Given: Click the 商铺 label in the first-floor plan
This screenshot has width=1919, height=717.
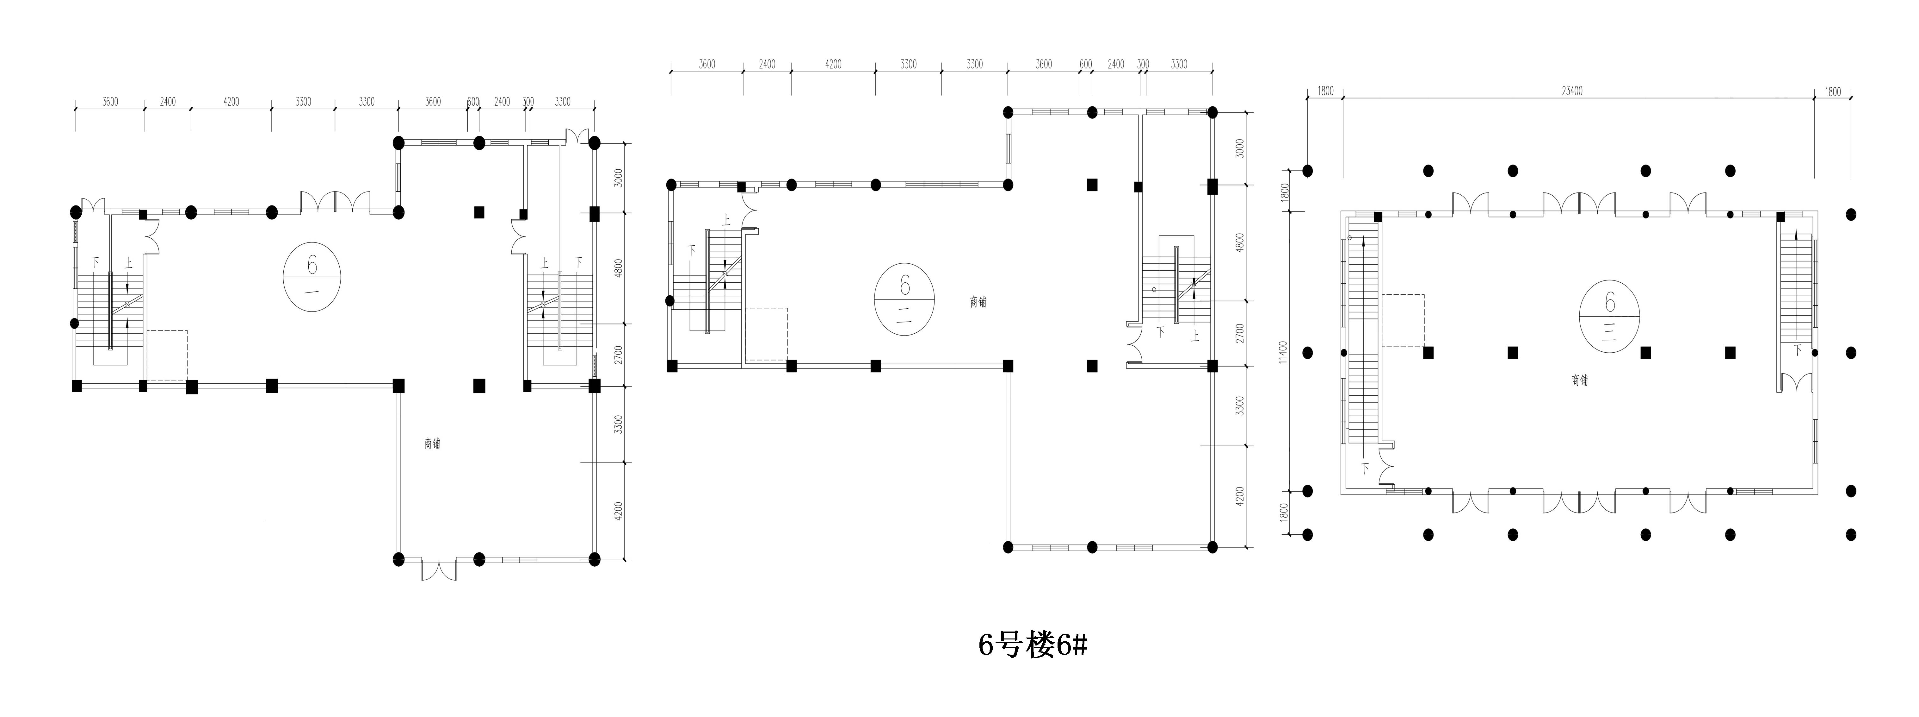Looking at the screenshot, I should [432, 443].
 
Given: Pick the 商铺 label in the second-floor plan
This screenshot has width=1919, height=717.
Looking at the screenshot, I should [978, 302].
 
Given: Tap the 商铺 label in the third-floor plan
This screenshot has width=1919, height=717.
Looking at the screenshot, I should [1579, 380].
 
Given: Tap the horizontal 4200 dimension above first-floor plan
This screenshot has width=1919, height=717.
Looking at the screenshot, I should [231, 101].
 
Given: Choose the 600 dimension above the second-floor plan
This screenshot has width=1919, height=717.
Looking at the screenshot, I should [1085, 64].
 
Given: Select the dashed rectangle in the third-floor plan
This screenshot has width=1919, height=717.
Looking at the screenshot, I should [1403, 320].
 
